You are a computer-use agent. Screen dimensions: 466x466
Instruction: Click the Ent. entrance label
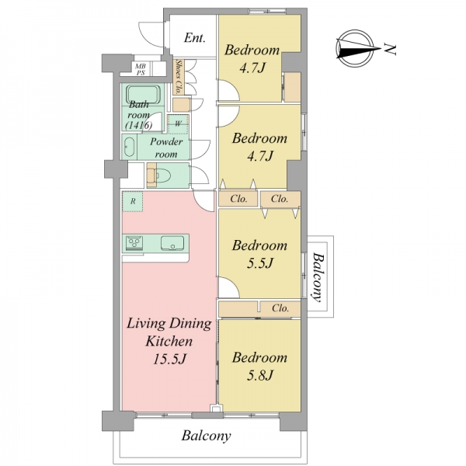point(195,38)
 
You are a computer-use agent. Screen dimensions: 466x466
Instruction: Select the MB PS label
point(141,69)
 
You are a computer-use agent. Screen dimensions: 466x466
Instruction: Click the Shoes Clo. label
point(179,77)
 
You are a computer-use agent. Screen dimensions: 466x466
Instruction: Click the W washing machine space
point(178,124)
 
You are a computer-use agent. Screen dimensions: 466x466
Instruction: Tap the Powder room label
point(166,148)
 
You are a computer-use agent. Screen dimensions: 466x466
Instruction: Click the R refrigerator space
point(133,201)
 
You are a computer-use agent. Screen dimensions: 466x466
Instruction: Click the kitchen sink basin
point(172,243)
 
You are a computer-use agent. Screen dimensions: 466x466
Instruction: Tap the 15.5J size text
point(169,359)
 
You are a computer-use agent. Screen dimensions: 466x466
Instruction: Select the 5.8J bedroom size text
point(259,376)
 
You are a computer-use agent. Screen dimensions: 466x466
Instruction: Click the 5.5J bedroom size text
point(259,263)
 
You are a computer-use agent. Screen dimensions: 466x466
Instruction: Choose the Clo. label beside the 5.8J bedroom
point(280,308)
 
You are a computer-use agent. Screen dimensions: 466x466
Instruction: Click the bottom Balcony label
point(206,436)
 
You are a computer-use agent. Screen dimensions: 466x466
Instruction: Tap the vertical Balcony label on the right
point(318,277)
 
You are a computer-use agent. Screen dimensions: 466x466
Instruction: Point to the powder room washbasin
point(129,147)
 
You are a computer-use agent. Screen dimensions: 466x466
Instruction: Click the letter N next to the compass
point(390,50)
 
